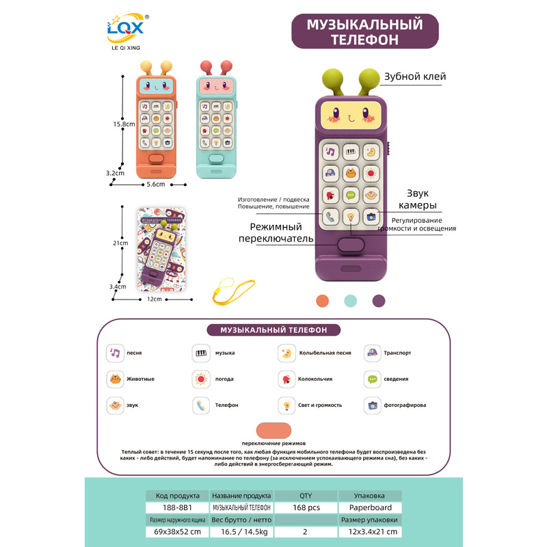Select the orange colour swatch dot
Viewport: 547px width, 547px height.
click(323, 301)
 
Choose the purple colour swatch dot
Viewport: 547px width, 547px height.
click(379, 301)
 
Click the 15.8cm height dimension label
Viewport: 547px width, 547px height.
click(122, 124)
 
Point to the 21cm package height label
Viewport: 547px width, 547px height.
click(120, 243)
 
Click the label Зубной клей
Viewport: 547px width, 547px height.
click(414, 77)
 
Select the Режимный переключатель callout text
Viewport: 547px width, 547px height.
click(276, 232)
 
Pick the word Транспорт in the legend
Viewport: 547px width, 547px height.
click(398, 353)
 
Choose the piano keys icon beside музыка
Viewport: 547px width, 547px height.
click(201, 353)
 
